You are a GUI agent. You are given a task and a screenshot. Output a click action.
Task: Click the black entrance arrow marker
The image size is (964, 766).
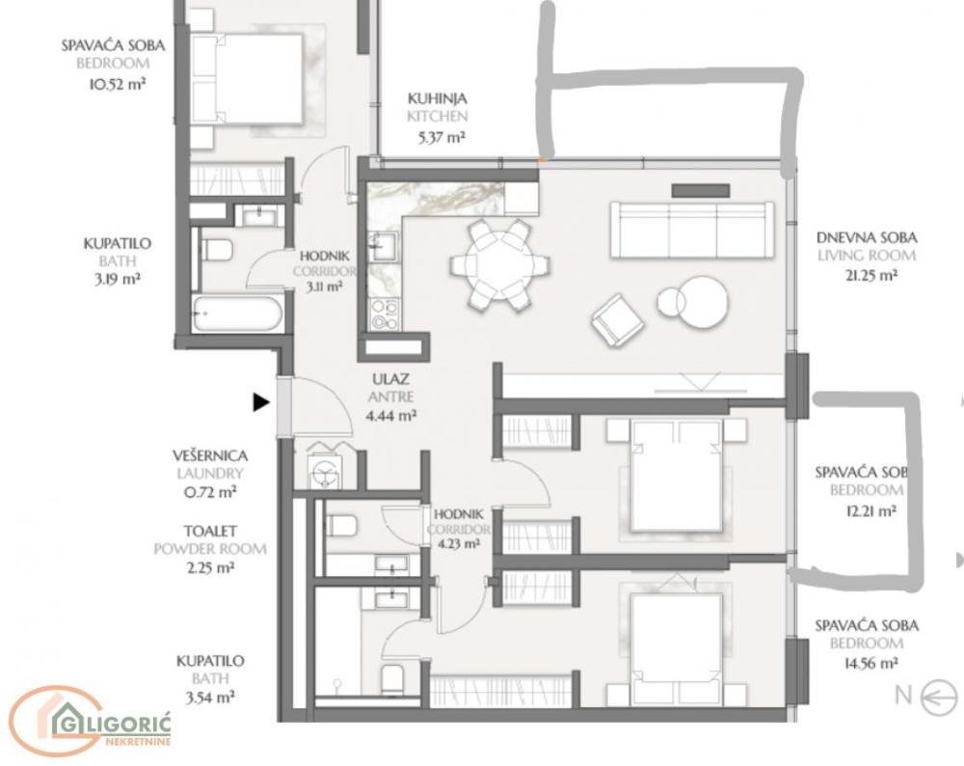(x=260, y=402)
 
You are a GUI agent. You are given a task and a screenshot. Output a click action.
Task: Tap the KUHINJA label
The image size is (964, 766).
(x=437, y=98)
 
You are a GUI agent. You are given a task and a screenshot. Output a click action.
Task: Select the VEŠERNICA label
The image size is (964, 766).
(x=210, y=455)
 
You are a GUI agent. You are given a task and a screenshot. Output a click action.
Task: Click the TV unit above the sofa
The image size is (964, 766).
(x=700, y=190)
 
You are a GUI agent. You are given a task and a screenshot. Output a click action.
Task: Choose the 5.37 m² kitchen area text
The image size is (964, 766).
(x=441, y=137)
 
